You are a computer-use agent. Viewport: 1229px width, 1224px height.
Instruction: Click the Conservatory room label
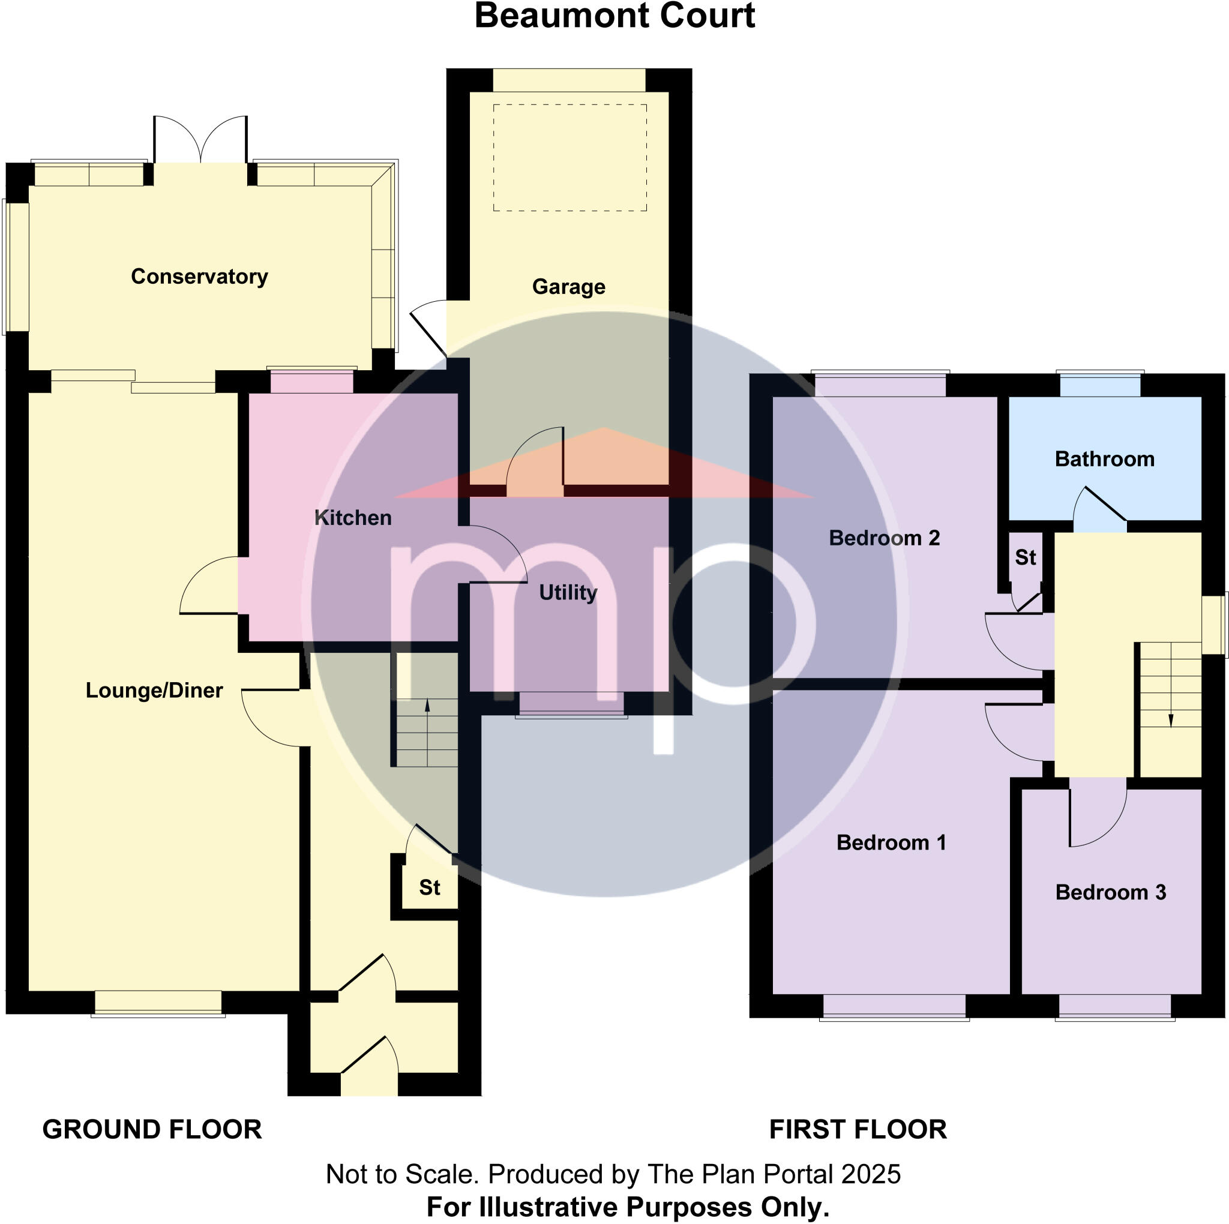pyautogui.click(x=199, y=277)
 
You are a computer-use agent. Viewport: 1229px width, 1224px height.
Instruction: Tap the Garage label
pyautogui.click(x=568, y=287)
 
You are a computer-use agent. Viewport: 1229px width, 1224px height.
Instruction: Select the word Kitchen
pyautogui.click(x=353, y=518)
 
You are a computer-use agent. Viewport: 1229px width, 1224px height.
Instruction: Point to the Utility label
pyautogui.click(x=568, y=592)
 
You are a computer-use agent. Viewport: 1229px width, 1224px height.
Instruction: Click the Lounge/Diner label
pyautogui.click(x=154, y=690)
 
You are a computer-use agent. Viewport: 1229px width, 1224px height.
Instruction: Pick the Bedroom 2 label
pyautogui.click(x=883, y=538)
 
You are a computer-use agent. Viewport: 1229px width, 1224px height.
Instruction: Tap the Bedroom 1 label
pyautogui.click(x=891, y=842)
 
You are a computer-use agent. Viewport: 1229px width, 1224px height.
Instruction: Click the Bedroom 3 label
pyautogui.click(x=1110, y=892)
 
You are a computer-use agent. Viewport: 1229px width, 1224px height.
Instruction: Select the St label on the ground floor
pyautogui.click(x=430, y=887)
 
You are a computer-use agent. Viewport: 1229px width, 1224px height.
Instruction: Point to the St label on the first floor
pyautogui.click(x=1026, y=557)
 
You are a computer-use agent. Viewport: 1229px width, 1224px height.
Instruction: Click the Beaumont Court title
pyautogui.click(x=614, y=16)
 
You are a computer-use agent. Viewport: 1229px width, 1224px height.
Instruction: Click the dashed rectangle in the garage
pyautogui.click(x=570, y=158)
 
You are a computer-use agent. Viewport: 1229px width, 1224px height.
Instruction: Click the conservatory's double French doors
pyautogui.click(x=200, y=141)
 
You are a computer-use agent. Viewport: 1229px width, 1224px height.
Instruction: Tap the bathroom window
pyautogui.click(x=1100, y=386)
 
